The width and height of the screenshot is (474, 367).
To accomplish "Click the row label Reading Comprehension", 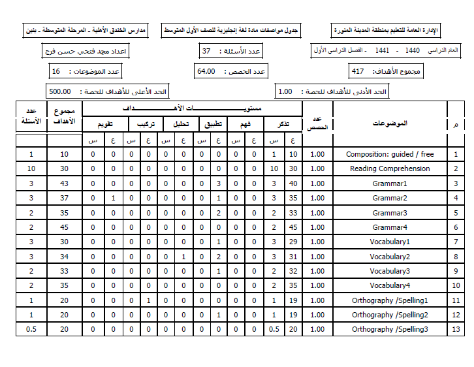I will pos(390,168).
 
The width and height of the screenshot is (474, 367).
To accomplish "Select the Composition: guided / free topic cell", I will pos(390,154).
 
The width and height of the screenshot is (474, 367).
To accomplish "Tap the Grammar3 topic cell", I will pos(390,213).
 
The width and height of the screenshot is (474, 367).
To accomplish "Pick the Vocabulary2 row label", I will pos(390,257).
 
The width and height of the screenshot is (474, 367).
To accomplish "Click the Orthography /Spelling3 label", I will pos(390,329).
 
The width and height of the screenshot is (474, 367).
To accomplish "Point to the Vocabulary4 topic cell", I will pos(390,285).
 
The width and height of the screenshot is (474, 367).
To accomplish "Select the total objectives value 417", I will pos(358,71).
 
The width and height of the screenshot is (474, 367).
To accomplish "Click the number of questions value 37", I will pos(206,51).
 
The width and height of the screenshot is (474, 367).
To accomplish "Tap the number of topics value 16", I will pos(55,71).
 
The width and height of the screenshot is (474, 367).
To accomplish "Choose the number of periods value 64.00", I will pos(206,71).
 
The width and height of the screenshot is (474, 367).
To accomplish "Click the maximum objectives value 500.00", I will pos(60,92).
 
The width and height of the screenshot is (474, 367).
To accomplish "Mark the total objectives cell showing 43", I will pos(64,183).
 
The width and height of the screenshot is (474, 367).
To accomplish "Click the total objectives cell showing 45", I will pos(64,227).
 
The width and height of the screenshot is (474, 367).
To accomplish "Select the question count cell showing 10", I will pos(31,168).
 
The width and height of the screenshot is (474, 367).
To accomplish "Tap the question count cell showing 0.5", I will pos(31,329).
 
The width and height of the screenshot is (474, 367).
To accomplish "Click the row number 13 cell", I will pos(455,329).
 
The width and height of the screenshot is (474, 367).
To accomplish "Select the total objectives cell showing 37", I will pos(64,198).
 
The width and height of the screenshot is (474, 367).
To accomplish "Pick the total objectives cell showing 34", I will pos(64,257).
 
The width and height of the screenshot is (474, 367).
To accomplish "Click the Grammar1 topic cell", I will pos(390,183).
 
